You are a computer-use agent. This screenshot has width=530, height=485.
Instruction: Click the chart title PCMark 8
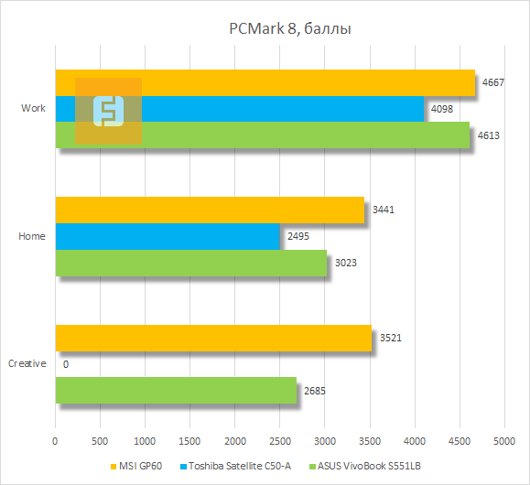pyautogui.click(x=290, y=29)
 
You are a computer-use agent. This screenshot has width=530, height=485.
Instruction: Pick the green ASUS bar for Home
pyautogui.click(x=191, y=264)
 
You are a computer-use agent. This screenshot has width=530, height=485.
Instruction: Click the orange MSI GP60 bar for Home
pyautogui.click(x=210, y=210)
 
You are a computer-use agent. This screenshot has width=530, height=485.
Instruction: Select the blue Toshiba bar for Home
pyautogui.click(x=168, y=236)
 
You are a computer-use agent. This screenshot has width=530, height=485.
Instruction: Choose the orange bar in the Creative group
pyautogui.click(x=213, y=338)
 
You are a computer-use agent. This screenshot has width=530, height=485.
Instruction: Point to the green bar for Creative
pyautogui.click(x=176, y=391)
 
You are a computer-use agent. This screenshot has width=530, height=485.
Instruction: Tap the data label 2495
pyautogui.click(x=298, y=236)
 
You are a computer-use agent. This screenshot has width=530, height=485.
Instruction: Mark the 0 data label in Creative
pyautogui.click(x=66, y=364)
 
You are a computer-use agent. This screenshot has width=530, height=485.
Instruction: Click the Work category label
pyautogui.click(x=33, y=109)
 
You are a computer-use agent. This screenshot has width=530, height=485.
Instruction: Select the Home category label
pyautogui.click(x=32, y=236)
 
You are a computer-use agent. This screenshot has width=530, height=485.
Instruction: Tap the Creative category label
pyautogui.click(x=27, y=364)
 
